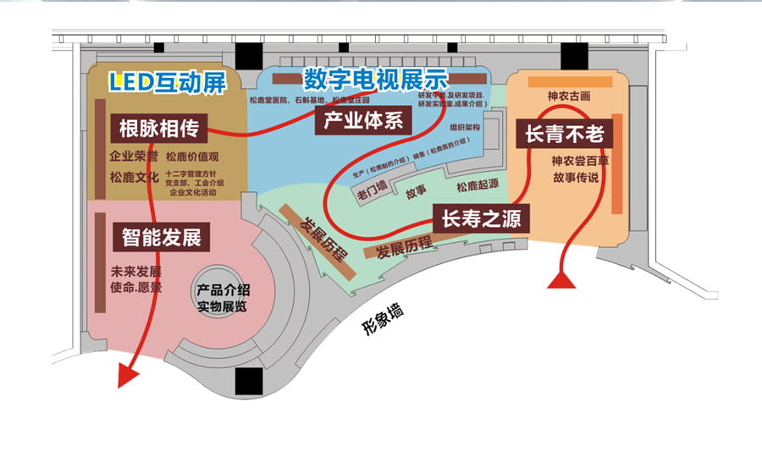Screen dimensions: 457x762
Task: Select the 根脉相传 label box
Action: coord(158,129)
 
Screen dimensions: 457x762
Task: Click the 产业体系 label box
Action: coord(363,122)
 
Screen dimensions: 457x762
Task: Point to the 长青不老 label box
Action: coord(562,134)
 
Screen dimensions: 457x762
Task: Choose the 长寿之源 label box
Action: coord(481,219)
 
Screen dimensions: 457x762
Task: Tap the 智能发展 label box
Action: coord(161,237)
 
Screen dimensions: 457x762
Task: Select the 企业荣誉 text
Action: coord(134,157)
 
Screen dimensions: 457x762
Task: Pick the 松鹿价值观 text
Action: coord(192,157)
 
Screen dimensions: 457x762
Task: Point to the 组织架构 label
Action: coord(465,128)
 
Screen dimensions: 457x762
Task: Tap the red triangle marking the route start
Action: coord(561,280)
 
